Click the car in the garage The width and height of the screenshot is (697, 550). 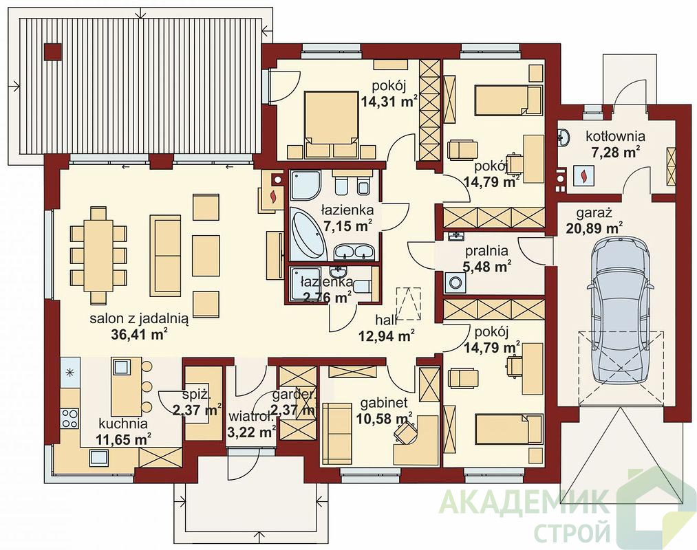pos(621,309)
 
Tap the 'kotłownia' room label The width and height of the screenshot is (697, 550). pos(615,136)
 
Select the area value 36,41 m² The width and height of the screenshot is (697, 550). pos(139,334)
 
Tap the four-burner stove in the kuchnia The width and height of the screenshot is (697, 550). pos(69,418)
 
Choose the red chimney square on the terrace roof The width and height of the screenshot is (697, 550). pos(53,52)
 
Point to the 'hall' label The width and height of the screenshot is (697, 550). pos(386,320)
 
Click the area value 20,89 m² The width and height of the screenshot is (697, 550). pos(594,228)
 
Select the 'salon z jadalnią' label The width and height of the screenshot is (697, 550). pos(140,319)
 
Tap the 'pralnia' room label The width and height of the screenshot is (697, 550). pos(486,252)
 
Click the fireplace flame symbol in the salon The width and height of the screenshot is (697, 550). pos(273,196)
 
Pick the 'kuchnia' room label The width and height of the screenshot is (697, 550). pos(123,423)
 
